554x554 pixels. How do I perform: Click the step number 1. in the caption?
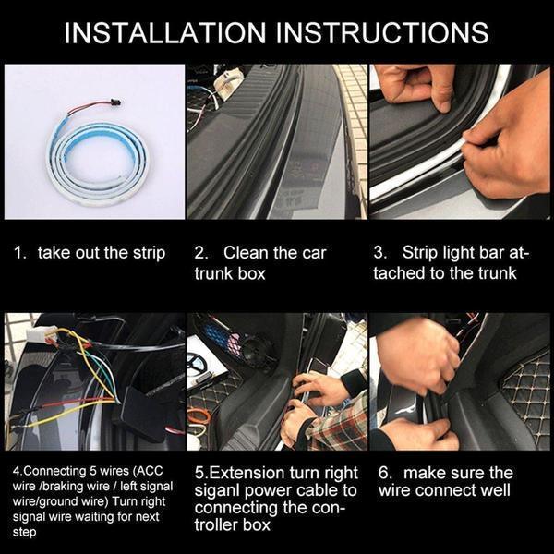[x=19, y=253]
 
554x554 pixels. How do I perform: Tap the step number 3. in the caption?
[x=380, y=253]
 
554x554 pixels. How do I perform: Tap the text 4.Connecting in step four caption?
[x=46, y=472]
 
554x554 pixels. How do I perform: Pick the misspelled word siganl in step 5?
[x=222, y=489]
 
